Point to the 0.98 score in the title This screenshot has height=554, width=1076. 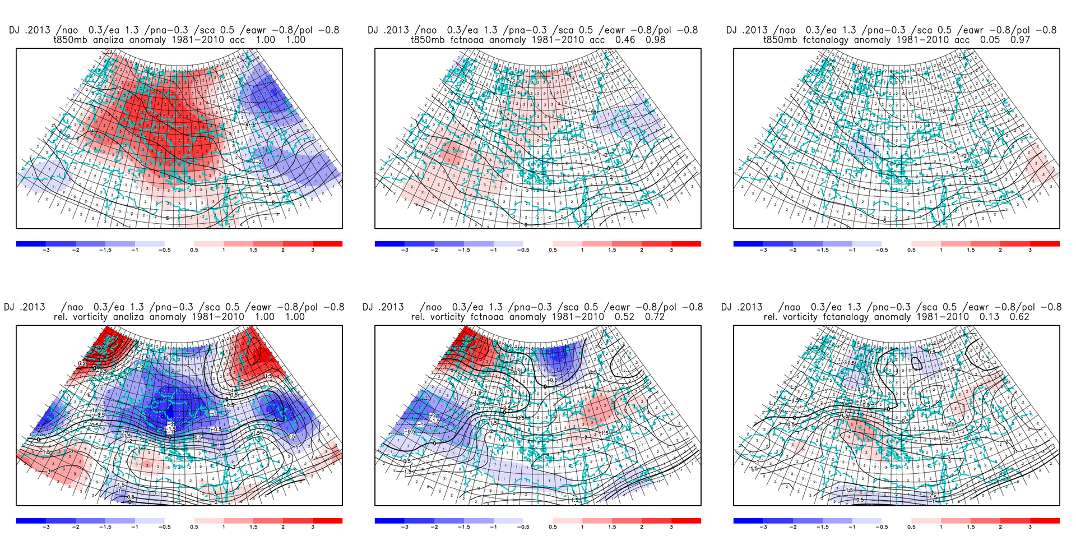coord(655,40)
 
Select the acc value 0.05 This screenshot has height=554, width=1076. coord(989,40)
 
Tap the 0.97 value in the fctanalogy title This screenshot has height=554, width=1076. coord(1019,40)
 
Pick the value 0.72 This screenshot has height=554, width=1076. coord(655,317)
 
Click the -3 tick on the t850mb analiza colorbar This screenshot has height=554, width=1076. coord(46,250)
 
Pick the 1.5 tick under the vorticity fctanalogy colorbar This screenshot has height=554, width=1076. coord(971,527)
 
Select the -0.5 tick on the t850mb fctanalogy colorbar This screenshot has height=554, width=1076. coord(882,250)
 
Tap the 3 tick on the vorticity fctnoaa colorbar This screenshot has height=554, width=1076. coord(671,527)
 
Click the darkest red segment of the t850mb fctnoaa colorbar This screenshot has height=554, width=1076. coord(686,244)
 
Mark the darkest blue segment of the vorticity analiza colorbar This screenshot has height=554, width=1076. coord(31,521)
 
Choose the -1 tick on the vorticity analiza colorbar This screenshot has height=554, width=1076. coord(134,527)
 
